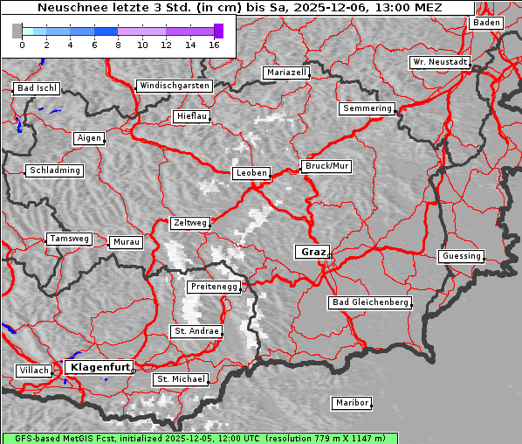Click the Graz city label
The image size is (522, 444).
point(312,252)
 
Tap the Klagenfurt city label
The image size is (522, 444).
point(100,367)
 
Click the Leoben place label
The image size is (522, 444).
point(251,173)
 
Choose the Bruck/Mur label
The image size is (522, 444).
point(326,165)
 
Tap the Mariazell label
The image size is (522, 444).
point(287,73)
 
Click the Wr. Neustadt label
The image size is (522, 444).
point(440,63)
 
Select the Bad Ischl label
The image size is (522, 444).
point(37,88)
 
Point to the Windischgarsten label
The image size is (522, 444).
point(174,86)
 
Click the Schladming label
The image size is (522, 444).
point(55,170)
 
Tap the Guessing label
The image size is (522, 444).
point(461,256)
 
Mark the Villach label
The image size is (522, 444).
point(34,371)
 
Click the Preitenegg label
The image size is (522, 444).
point(213,287)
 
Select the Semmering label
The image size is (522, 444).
point(367,108)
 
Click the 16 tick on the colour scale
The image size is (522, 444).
point(214,44)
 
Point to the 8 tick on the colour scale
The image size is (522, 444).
point(118,44)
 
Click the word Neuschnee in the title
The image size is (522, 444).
point(72,8)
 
